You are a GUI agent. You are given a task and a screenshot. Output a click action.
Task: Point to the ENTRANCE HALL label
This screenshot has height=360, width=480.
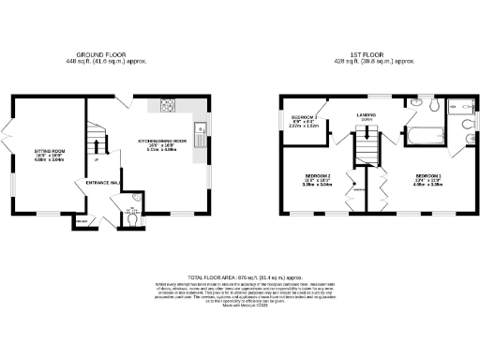[x=104, y=182]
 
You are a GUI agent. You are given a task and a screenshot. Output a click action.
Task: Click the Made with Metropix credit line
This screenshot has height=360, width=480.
[x=239, y=306]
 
